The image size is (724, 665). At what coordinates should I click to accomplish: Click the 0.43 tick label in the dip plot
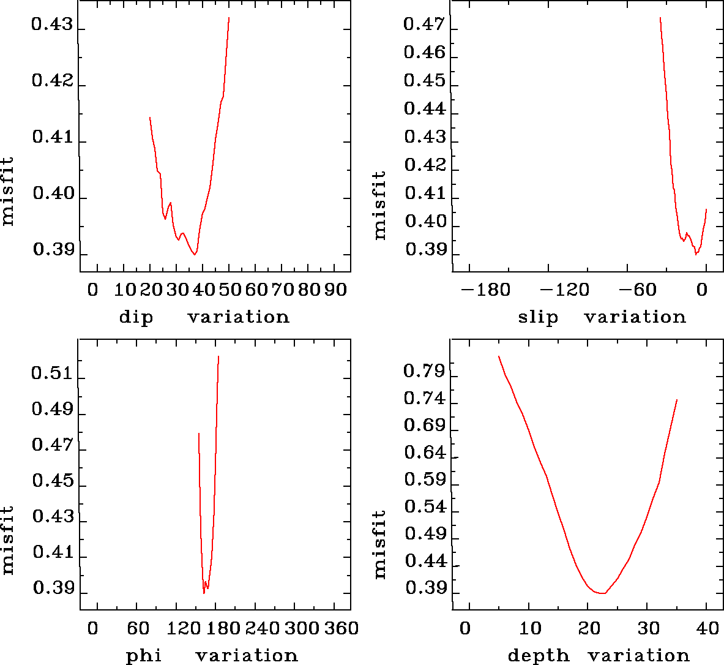(52, 26)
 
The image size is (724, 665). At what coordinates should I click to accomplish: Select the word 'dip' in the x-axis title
(136, 317)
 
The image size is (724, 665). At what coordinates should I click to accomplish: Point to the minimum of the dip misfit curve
(195, 254)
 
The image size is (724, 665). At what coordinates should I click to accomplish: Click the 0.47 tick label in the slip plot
(424, 24)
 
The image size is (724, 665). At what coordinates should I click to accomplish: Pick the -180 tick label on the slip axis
(485, 289)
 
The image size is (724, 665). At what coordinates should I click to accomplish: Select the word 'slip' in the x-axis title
(538, 317)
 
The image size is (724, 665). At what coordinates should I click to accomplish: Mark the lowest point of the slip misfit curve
(696, 254)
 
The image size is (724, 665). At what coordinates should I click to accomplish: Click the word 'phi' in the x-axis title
(144, 656)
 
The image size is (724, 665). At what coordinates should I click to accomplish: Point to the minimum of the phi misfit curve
(204, 593)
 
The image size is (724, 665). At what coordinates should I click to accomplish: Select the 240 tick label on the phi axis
(263, 628)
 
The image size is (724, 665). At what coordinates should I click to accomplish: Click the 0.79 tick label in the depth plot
(424, 371)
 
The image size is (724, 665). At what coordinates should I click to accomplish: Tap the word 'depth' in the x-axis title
(538, 656)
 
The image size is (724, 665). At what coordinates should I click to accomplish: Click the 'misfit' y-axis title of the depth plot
(380, 544)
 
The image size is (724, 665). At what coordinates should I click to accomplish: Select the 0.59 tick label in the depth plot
(424, 479)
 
